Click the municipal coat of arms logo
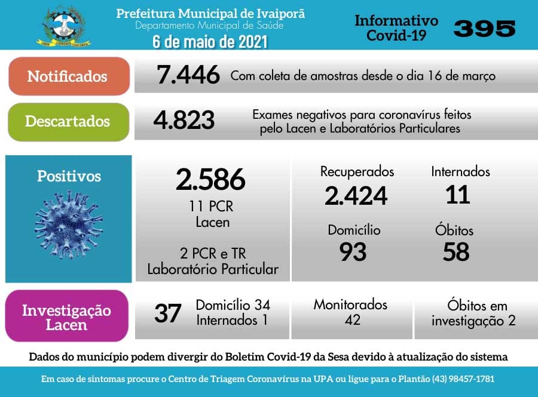[66, 26]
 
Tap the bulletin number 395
[484, 27]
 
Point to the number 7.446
[188, 76]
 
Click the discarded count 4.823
[184, 120]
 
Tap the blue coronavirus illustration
[69, 225]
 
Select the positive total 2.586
[210, 179]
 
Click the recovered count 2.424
[356, 195]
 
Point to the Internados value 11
[458, 195]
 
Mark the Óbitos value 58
[456, 252]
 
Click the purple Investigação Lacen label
[66, 317]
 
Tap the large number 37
[167, 313]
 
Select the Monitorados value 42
[352, 320]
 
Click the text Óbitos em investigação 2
[473, 313]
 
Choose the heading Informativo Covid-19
[396, 28]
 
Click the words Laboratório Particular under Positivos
[213, 269]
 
